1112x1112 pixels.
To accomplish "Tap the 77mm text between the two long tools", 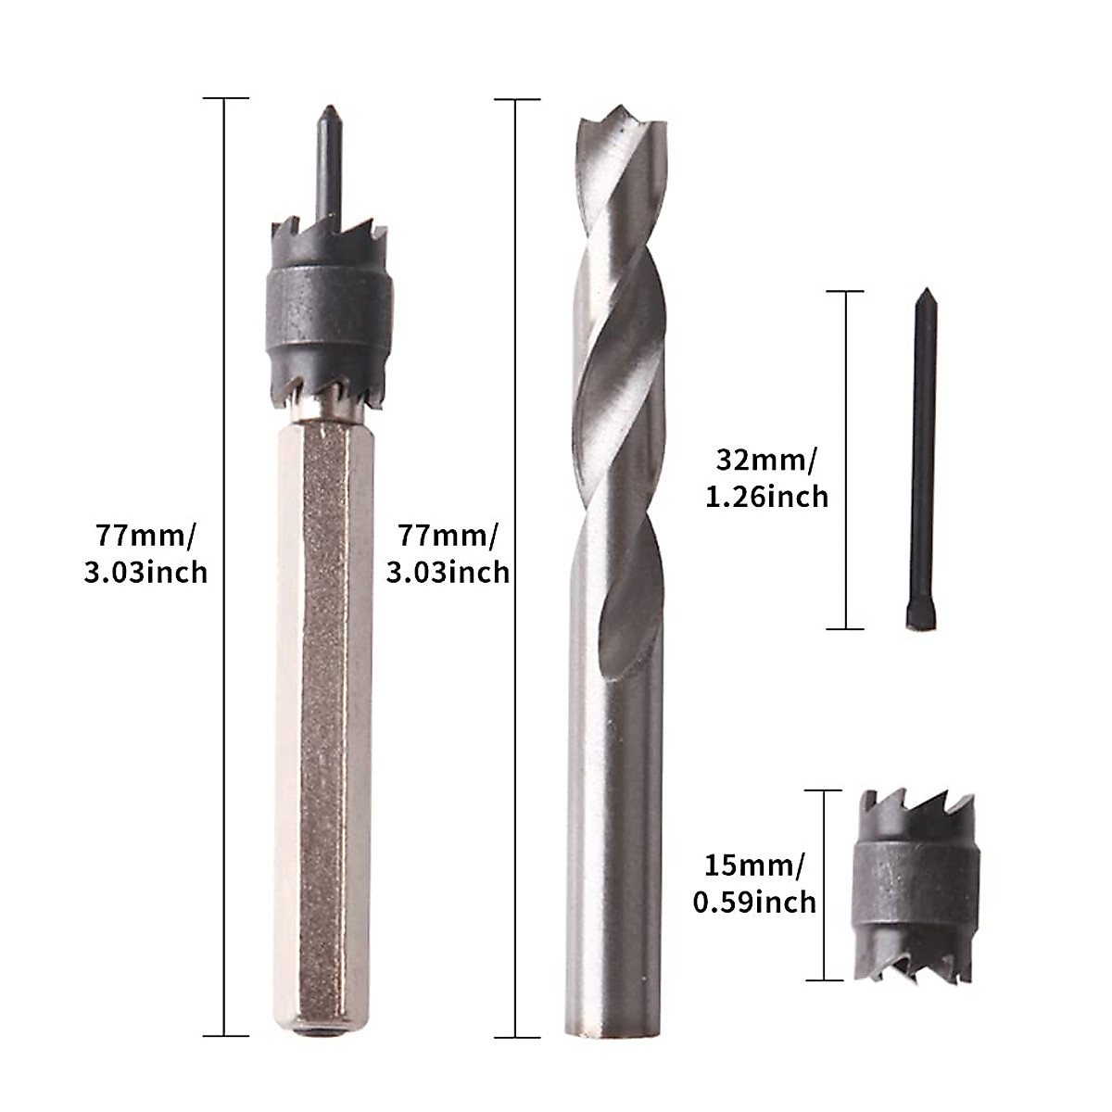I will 448,535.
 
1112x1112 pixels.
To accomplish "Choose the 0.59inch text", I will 755,901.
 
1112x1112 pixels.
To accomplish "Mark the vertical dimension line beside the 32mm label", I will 845,461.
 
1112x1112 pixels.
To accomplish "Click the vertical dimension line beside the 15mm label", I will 824,885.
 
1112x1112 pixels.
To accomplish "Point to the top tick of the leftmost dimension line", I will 225,98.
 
